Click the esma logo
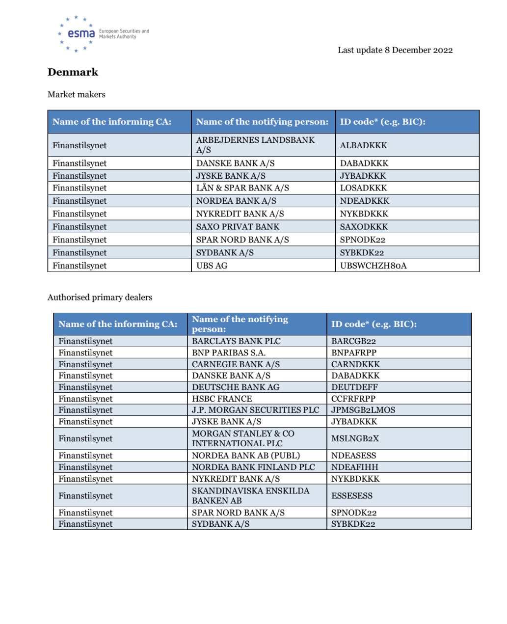[81, 33]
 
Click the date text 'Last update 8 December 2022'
[395, 50]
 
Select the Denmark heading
[73, 72]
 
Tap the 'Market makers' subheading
[77, 94]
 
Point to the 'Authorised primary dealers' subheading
[100, 297]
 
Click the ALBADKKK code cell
[364, 145]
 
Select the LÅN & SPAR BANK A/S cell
[242, 188]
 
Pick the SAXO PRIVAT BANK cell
[238, 226]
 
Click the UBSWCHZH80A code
[373, 266]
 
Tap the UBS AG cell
[212, 266]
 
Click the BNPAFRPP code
[354, 353]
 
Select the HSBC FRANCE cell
[222, 399]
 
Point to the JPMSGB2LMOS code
[363, 410]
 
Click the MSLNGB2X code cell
[355, 438]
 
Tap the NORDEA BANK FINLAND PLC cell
[253, 467]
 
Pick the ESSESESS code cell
[352, 495]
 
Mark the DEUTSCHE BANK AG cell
[236, 387]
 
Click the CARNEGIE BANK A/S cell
[236, 364]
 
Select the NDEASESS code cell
[353, 456]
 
